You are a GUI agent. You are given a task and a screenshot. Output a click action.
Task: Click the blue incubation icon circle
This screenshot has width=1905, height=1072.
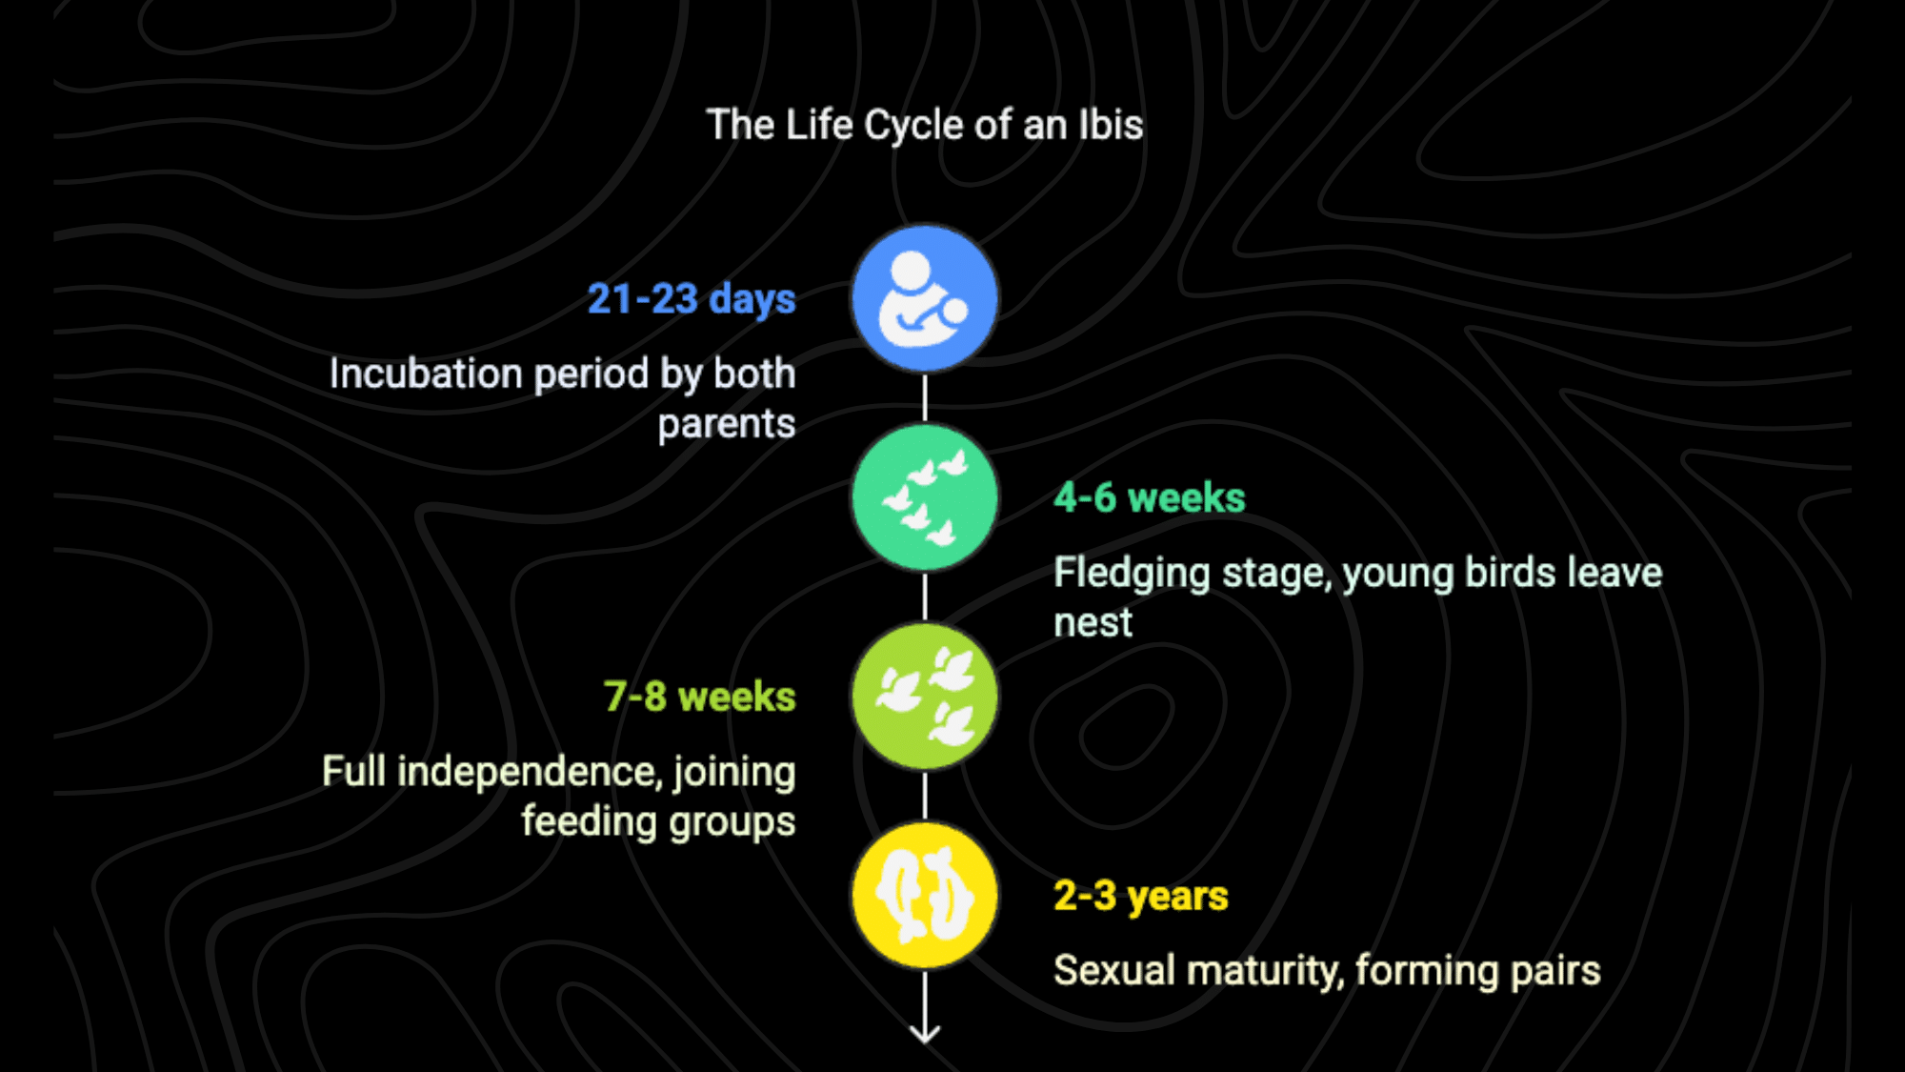(x=924, y=298)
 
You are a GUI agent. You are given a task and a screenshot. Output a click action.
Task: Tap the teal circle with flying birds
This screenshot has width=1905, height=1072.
(x=924, y=497)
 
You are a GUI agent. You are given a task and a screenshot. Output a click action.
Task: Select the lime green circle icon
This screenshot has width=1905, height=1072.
(x=924, y=697)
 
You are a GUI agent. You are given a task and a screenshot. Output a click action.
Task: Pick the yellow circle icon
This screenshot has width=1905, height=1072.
(x=924, y=896)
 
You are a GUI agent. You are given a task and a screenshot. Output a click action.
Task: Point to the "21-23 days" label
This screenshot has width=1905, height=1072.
(x=692, y=299)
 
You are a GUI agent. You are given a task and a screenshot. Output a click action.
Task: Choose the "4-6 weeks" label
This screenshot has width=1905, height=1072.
(x=1150, y=497)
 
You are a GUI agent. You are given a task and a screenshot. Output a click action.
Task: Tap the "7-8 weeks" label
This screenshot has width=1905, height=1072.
(x=700, y=697)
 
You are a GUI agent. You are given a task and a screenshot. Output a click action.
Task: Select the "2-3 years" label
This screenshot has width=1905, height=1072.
(x=1141, y=897)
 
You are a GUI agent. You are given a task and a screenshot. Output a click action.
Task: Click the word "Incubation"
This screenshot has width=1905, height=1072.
(x=427, y=374)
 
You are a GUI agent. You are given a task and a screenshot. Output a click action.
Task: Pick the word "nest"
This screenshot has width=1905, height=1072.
(x=1093, y=623)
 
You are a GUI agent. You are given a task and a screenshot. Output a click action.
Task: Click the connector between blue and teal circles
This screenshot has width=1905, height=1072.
(x=925, y=398)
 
